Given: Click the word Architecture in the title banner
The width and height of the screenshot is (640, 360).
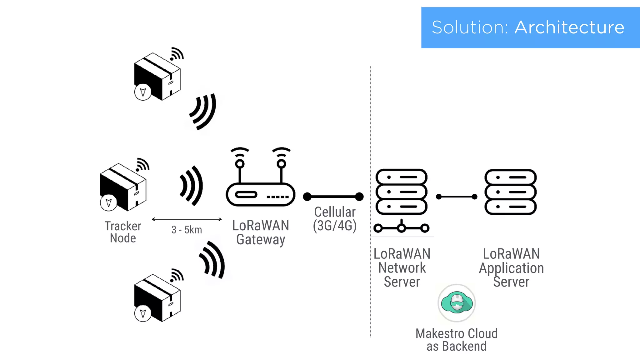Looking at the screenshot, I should (569, 27).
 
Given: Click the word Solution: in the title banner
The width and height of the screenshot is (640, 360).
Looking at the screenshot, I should (470, 27).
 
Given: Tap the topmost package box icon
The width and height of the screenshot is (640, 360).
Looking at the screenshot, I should (157, 77).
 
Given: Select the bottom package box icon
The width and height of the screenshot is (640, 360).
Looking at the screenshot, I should (157, 298).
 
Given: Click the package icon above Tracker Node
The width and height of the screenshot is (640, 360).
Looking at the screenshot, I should (123, 187).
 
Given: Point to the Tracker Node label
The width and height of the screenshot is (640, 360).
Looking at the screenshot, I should (123, 232).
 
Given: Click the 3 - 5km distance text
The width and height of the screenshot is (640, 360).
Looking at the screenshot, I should (187, 230).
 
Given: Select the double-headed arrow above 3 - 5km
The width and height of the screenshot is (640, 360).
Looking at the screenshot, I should (187, 219).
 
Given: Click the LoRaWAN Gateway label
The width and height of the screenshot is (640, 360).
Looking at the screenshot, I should (260, 232).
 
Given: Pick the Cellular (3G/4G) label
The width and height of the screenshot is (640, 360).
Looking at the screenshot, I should (335, 219).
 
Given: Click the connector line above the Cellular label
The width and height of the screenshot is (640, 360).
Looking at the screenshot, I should (333, 197).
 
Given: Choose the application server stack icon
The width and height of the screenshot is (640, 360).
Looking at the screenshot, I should (510, 192).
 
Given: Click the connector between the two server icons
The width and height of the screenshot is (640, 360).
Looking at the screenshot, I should (457, 197).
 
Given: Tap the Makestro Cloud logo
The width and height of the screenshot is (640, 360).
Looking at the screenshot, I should (457, 303).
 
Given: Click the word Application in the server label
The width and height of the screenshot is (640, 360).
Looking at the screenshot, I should (511, 268).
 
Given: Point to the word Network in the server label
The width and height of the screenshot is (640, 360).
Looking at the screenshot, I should (402, 268).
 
